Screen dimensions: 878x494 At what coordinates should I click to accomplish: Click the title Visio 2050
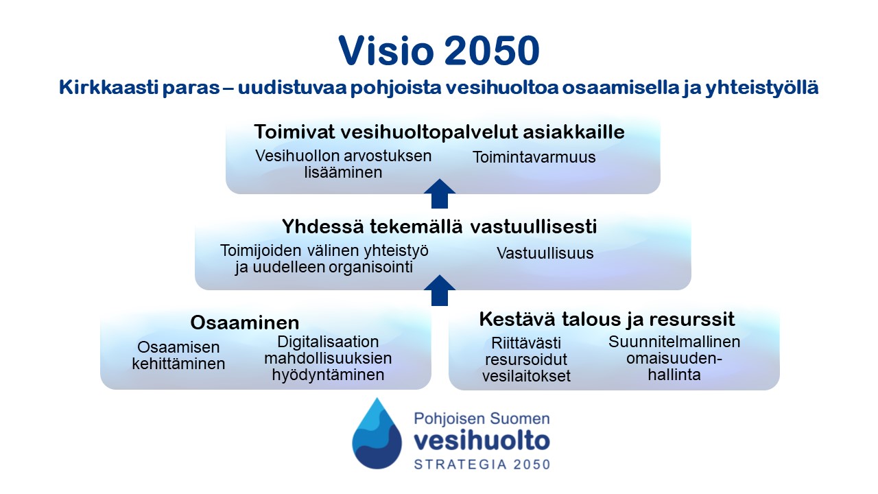click(x=439, y=51)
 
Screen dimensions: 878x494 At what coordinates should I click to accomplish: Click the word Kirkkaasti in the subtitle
click(x=108, y=87)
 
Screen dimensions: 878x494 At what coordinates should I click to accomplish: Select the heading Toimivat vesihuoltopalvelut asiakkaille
click(x=439, y=132)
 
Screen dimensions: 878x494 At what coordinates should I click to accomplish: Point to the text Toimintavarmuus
click(x=534, y=157)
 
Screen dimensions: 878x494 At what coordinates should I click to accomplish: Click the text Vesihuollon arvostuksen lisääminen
click(x=344, y=164)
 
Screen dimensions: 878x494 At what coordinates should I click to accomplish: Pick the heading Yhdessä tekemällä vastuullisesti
click(x=439, y=226)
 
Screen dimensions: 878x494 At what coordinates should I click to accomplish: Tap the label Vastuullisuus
click(x=545, y=253)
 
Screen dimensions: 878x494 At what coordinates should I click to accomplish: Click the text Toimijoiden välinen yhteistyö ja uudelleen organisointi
click(x=324, y=259)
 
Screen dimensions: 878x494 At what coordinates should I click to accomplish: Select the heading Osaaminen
click(x=245, y=322)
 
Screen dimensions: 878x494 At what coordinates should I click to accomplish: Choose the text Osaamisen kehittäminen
click(x=178, y=355)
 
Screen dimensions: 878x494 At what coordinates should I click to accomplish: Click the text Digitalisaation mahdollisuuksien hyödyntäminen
click(x=328, y=358)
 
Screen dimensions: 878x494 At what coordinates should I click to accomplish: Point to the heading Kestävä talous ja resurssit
click(x=606, y=319)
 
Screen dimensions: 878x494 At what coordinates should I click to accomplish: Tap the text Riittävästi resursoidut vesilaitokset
click(x=526, y=360)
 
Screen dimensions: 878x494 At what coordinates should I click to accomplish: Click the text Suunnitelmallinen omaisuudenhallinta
click(x=674, y=358)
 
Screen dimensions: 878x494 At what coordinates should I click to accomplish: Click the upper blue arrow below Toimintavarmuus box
click(x=440, y=194)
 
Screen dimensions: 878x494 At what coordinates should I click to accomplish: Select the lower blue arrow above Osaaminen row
click(x=440, y=290)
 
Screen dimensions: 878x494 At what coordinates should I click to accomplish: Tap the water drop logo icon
click(x=377, y=435)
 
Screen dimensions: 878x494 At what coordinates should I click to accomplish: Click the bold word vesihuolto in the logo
click(x=482, y=441)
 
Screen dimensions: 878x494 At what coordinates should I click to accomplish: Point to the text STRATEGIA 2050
click(x=482, y=464)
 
